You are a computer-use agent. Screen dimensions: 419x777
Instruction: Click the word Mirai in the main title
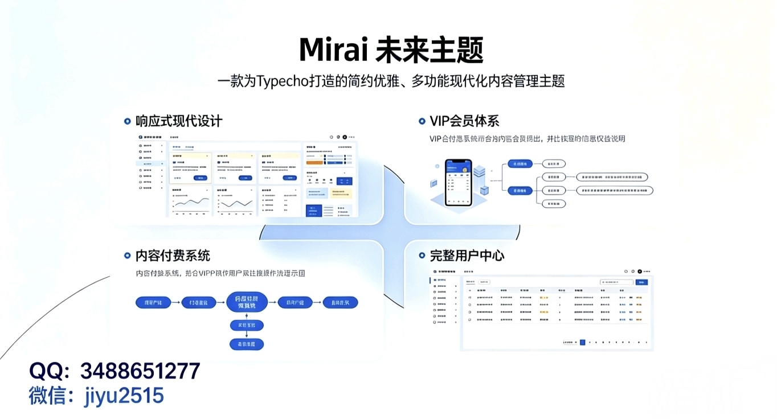[x=333, y=50]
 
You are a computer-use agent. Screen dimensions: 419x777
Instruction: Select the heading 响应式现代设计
[x=179, y=121]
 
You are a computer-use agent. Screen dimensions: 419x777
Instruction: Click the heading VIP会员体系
[x=464, y=121]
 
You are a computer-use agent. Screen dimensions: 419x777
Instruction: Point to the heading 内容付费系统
[x=173, y=256]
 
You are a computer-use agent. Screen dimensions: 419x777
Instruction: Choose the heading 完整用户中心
[x=467, y=256]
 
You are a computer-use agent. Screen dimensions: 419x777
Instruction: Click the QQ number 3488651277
[x=140, y=371]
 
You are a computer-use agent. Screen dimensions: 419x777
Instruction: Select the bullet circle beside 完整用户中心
[x=422, y=256]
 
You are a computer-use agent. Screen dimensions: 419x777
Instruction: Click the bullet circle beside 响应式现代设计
[x=128, y=121]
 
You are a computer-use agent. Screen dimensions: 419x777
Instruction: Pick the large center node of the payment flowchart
[x=246, y=302]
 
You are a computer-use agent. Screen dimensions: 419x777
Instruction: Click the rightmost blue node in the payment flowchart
[x=340, y=302]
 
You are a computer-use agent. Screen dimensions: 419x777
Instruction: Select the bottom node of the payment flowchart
[x=246, y=344]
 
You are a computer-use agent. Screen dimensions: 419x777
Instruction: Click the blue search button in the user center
[x=642, y=282]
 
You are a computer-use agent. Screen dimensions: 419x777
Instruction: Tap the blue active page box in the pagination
[x=582, y=342]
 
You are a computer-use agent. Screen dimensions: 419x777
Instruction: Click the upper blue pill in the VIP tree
[x=520, y=164]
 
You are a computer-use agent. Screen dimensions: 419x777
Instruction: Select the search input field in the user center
[x=617, y=282]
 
